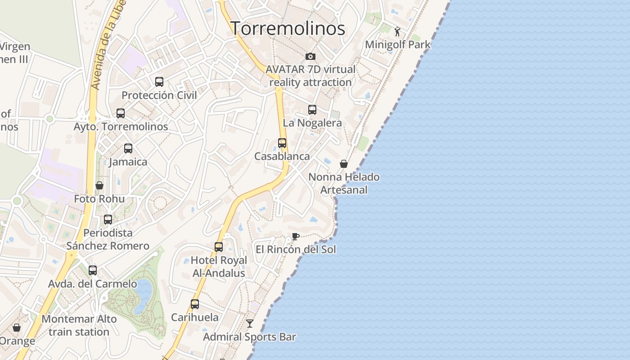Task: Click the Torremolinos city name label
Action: [288, 28]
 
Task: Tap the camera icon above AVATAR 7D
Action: [310, 56]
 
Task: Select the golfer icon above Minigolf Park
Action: [397, 31]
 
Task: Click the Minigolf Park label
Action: [397, 45]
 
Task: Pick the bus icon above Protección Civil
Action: [159, 81]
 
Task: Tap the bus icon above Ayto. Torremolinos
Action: [121, 113]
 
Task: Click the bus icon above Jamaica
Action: [128, 148]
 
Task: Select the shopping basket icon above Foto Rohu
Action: [99, 185]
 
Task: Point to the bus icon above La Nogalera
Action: [312, 109]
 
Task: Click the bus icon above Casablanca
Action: [282, 143]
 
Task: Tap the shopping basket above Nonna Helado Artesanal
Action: [344, 164]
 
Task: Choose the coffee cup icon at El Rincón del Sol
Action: [295, 236]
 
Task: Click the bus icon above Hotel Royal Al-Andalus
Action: [219, 247]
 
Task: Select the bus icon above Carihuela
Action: [195, 304]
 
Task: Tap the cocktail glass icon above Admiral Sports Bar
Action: [250, 324]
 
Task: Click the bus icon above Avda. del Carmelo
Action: [93, 270]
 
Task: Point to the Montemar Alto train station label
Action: [79, 325]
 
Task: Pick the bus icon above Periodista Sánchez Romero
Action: [108, 219]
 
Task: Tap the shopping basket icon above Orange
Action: [17, 328]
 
